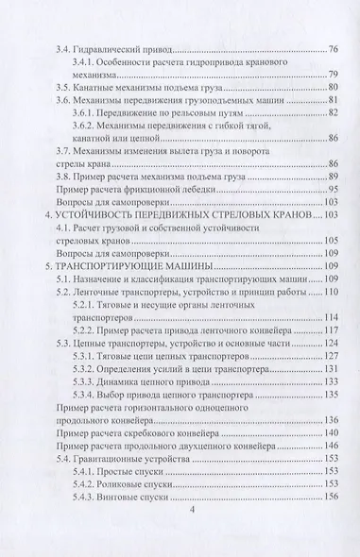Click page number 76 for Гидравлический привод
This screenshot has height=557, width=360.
(333, 48)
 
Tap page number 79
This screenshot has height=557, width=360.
(333, 76)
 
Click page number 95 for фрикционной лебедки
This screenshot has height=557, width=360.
(333, 189)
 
